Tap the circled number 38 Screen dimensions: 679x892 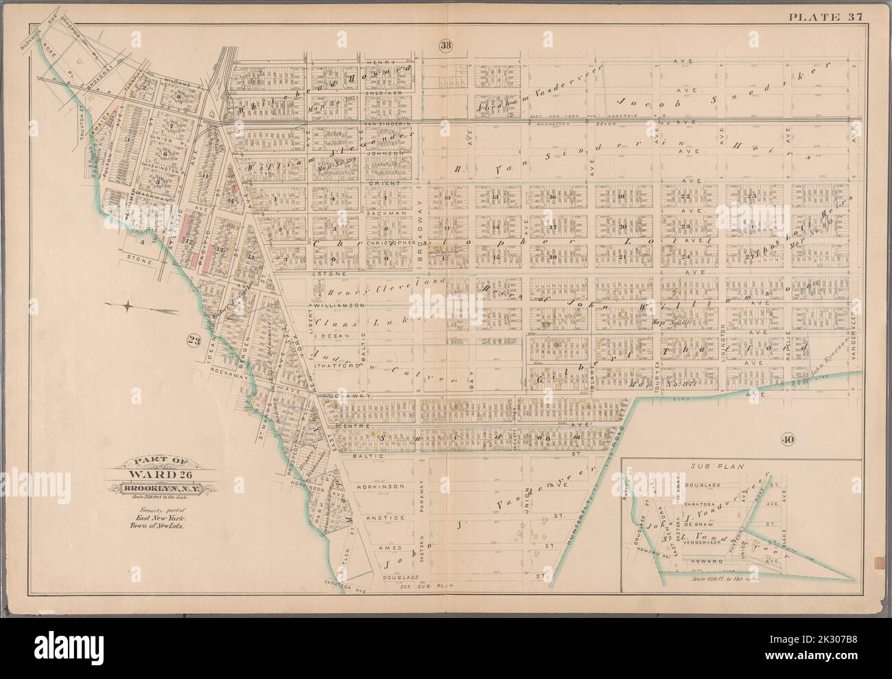[x=445, y=46]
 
